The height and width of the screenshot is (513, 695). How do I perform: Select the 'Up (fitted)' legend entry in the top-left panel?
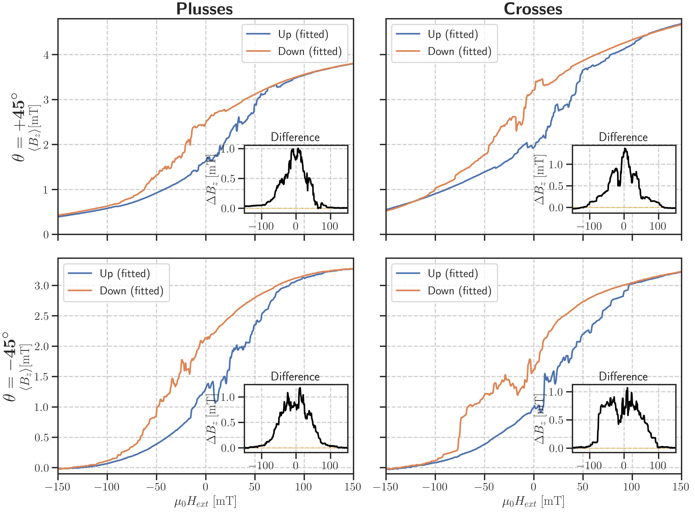point(303,34)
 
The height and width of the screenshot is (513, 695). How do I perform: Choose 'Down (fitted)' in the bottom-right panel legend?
point(459,291)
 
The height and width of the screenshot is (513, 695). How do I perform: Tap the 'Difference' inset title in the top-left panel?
point(295,137)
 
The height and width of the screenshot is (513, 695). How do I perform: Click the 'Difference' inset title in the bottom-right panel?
point(623,377)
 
